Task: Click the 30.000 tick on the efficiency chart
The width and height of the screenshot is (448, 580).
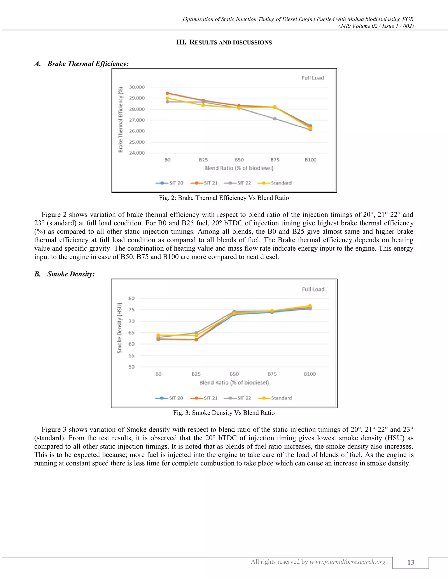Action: coord(137,87)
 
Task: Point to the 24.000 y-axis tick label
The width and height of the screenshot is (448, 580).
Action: coord(137,153)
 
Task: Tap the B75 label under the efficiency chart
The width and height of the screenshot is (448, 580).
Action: coord(275,160)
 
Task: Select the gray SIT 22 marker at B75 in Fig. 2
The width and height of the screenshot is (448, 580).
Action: coord(275,119)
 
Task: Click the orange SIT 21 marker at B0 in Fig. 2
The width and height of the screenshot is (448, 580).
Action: coord(168,93)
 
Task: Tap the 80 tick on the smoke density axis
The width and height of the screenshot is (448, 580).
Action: coord(132,299)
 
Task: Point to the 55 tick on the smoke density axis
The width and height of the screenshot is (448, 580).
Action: coord(132,356)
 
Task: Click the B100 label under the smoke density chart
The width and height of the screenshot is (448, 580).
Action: coord(310,374)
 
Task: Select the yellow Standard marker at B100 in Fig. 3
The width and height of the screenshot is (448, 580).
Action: coord(310,306)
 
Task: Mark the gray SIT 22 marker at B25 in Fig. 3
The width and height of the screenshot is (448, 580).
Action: coord(196,333)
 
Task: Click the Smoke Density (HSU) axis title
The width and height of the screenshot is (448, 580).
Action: coord(120,328)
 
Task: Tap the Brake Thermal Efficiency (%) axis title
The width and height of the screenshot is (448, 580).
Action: coord(121,120)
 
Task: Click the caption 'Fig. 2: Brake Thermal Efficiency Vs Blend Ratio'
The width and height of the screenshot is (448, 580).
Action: coord(224,198)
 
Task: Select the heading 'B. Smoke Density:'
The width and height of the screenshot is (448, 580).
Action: coord(65,274)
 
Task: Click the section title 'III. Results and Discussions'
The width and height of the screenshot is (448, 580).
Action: coord(224,42)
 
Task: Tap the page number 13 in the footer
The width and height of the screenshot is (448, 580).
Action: coord(411,562)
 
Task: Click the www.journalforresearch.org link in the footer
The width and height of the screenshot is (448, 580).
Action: coord(347,562)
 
